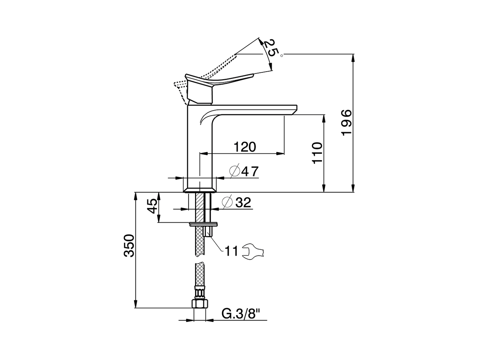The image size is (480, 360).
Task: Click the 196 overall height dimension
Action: click(346, 123)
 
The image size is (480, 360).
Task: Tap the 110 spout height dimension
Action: click(317, 153)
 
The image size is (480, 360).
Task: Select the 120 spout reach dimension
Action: click(245, 147)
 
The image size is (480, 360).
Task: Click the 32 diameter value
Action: click(243, 202)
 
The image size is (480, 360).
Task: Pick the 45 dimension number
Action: click(152, 206)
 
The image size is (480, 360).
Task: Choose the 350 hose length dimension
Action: click(129, 246)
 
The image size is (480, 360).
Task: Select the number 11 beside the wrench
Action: click(231, 251)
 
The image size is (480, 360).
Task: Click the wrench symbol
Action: click(253, 252)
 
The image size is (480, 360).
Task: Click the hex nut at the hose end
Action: click(199, 304)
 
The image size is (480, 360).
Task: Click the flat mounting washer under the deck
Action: click(203, 224)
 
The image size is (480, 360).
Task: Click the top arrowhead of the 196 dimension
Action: click(353, 57)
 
